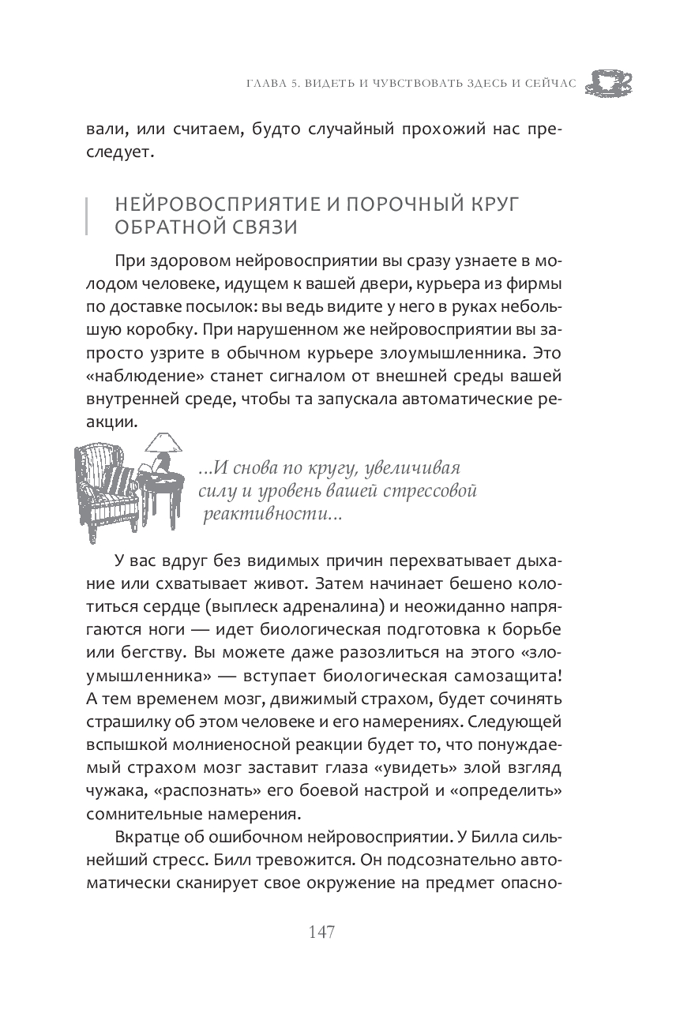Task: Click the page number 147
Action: pyautogui.click(x=322, y=932)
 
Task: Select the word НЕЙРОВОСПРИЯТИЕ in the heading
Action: pyautogui.click(x=206, y=204)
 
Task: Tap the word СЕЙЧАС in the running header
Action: pyautogui.click(x=549, y=82)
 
